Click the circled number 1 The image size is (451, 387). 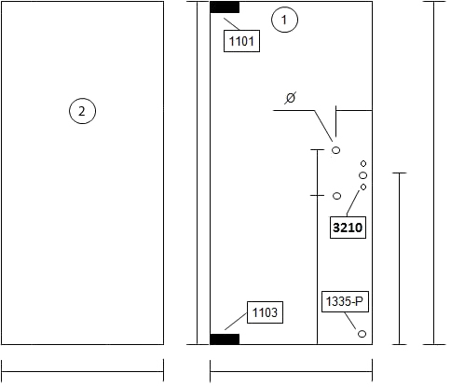point(284,20)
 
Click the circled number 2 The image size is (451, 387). point(82,111)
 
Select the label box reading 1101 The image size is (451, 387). point(241,41)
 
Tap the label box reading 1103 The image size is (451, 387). point(265,312)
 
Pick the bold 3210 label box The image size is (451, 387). point(348,228)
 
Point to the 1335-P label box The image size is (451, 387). point(345,301)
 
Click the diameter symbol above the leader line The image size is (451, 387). point(291,98)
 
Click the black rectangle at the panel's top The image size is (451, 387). point(225,7)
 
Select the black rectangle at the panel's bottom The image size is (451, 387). point(225,339)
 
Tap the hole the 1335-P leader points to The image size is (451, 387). point(362,334)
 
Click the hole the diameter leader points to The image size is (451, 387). point(335,150)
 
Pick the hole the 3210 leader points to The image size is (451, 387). point(363,187)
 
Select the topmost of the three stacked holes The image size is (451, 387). point(363,163)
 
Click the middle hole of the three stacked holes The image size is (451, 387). point(362,175)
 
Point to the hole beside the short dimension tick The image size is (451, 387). point(336,196)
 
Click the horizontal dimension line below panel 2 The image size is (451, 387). point(82,371)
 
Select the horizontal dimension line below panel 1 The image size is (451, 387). point(291,371)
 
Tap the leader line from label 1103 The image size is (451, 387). point(236,321)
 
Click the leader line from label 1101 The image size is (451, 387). point(232,24)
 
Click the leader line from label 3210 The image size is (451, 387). point(353,203)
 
